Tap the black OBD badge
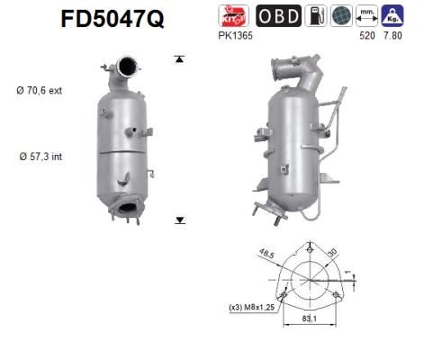(x=279, y=15)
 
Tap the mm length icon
(x=367, y=15)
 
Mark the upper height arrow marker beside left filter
(x=179, y=58)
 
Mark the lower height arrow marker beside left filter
(x=179, y=219)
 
